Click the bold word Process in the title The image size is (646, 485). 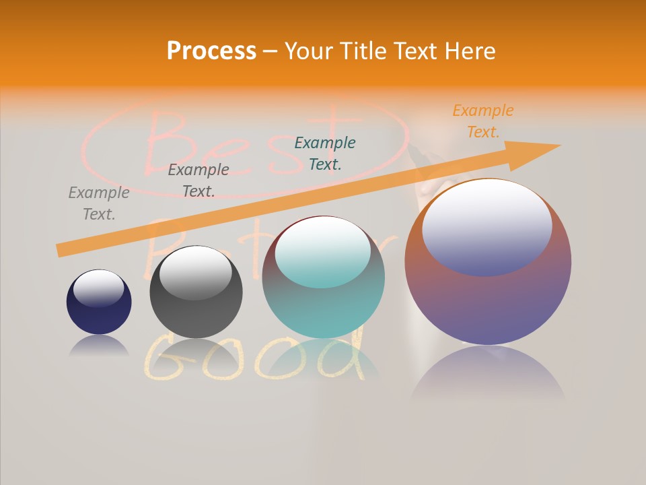[x=211, y=51]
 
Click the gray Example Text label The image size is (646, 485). [x=99, y=203]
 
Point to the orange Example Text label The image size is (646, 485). [x=482, y=121]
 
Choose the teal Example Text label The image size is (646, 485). [x=325, y=153]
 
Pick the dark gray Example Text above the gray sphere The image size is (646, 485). [x=199, y=180]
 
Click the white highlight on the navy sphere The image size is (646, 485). [x=98, y=287]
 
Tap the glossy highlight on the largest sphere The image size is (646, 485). [x=487, y=226]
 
